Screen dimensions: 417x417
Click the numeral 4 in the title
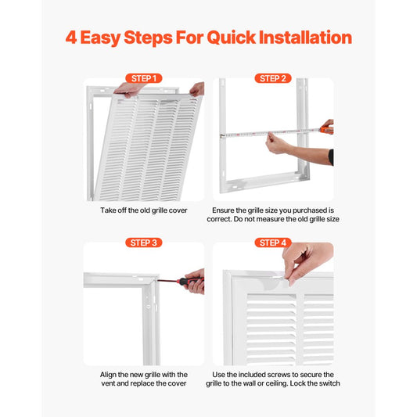70,38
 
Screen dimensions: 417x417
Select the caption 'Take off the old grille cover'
143,210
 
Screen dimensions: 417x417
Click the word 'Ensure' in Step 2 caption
228,210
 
